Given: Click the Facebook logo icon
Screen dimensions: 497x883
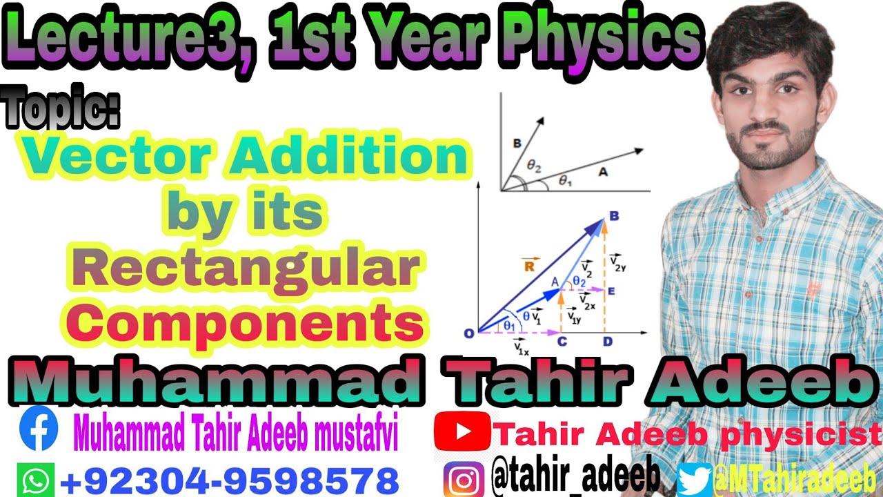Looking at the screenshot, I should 39,429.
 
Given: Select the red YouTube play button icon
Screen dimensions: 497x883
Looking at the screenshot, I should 462,432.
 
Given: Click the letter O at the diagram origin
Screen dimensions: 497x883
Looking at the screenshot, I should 468,333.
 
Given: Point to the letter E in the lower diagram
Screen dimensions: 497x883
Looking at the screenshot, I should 612,291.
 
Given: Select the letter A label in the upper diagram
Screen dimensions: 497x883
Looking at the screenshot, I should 603,174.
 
